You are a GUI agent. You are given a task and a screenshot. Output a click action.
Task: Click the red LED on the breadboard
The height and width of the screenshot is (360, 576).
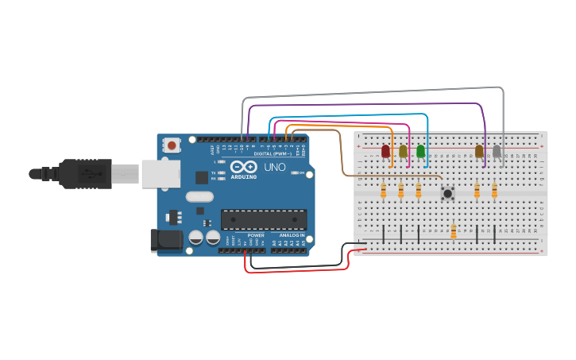pos(386,151)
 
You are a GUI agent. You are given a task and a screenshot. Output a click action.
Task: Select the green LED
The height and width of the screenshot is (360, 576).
pos(420,151)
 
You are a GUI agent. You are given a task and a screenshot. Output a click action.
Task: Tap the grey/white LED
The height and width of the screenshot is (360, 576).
pos(497,151)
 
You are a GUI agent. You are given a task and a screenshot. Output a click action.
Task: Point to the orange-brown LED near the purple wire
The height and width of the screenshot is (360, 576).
pos(479,151)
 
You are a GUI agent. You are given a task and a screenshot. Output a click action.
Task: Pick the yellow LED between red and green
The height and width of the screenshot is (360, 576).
pos(403,151)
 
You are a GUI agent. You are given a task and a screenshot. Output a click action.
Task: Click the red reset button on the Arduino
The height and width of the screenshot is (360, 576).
pos(172,145)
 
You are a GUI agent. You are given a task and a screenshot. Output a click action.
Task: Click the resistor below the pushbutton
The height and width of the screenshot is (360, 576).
pos(454,231)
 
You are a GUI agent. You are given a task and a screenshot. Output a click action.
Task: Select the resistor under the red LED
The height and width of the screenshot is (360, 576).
pos(384,191)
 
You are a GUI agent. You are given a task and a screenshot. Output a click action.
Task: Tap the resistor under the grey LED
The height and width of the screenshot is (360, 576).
pos(494,191)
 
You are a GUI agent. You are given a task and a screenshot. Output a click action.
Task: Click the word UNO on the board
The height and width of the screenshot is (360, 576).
pos(274,168)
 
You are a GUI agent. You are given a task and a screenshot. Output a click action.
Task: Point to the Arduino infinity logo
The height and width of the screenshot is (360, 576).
pos(245,168)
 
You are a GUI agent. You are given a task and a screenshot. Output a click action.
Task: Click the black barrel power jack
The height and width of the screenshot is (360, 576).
pos(164,240)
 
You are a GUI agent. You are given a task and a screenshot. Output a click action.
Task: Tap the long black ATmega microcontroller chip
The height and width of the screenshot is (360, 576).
pos(263,219)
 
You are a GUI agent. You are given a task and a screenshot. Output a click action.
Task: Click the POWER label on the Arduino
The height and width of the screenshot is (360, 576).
pos(255,235)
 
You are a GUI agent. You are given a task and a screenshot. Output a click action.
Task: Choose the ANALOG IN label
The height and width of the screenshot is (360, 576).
pos(291,235)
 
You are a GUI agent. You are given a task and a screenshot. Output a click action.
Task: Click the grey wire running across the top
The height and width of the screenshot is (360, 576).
pos(373,87)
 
